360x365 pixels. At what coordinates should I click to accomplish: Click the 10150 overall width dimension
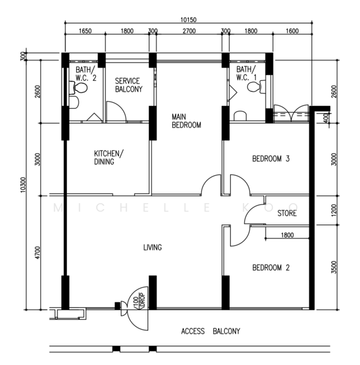pos(188,20)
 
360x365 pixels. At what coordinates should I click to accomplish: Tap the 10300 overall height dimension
pos(23,185)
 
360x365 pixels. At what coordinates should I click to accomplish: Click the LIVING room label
pos(152,247)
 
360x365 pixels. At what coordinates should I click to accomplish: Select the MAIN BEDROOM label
pos(186,121)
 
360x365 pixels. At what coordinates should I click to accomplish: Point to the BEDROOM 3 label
pos(270,159)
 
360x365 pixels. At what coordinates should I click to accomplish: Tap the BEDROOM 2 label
pos(271,268)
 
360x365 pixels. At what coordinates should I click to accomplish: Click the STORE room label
pos(287,214)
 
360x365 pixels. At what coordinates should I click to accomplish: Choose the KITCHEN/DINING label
pos(109,158)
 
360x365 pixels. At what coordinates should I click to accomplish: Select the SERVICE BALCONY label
pos(129,85)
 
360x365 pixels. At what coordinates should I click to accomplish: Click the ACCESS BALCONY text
pos(211,331)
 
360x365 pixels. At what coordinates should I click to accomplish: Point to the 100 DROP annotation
pos(139,302)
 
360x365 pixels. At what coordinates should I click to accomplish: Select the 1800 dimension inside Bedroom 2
pos(288,235)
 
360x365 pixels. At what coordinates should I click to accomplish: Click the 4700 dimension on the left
pos(38,252)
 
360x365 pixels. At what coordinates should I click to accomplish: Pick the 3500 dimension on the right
pos(334,267)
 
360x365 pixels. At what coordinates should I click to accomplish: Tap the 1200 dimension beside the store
pos(334,210)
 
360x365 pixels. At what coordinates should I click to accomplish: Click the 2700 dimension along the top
pos(189,31)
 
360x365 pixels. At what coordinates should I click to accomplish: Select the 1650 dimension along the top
pos(85,31)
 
